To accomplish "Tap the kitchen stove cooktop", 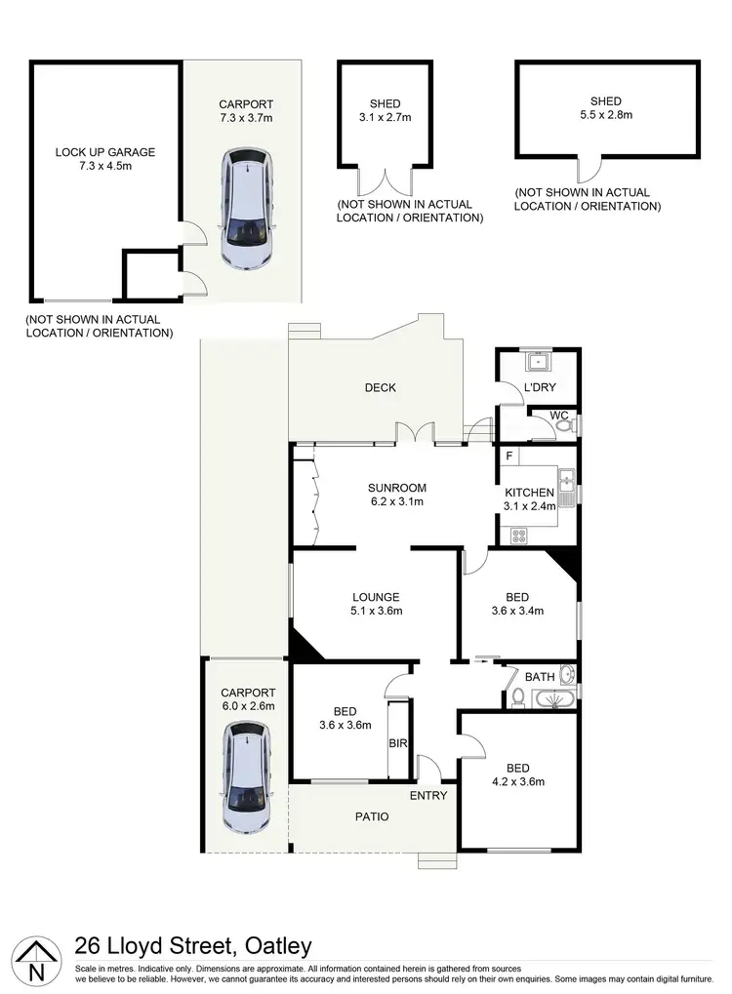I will [517, 535].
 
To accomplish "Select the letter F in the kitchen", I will [508, 456].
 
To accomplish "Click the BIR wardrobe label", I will [398, 744].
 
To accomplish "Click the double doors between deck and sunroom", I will [416, 432].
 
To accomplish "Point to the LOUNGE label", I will [377, 597].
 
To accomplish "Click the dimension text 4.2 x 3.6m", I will [518, 781].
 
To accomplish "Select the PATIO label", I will [370, 816].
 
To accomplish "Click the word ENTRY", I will [428, 796].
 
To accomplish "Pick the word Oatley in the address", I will [273, 945].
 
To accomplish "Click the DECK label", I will [380, 387].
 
